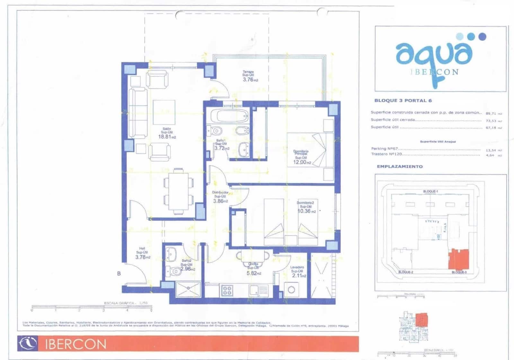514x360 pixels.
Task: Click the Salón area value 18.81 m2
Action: click(166, 137)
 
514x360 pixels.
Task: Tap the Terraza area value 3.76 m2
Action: click(250, 80)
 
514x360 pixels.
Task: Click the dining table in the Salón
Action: click(178, 191)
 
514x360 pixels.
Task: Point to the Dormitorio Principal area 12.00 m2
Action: click(302, 162)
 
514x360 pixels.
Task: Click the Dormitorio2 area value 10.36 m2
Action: click(306, 211)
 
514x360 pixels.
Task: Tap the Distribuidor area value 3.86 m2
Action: click(220, 201)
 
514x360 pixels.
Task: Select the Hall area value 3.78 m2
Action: click(142, 257)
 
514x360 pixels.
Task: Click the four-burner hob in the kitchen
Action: click(227, 291)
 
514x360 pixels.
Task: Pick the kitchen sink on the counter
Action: click(259, 290)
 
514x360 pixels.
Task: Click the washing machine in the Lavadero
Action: click(291, 290)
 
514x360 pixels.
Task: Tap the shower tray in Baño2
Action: click(188, 289)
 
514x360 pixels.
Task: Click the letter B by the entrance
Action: click(119, 274)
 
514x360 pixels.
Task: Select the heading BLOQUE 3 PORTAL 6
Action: click(403, 101)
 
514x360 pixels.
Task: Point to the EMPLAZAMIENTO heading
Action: click(400, 166)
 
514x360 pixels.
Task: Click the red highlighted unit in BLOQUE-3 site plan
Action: click(459, 259)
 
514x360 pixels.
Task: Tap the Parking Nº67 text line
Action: click(384, 148)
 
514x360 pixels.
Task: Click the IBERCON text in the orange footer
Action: click(75, 344)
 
